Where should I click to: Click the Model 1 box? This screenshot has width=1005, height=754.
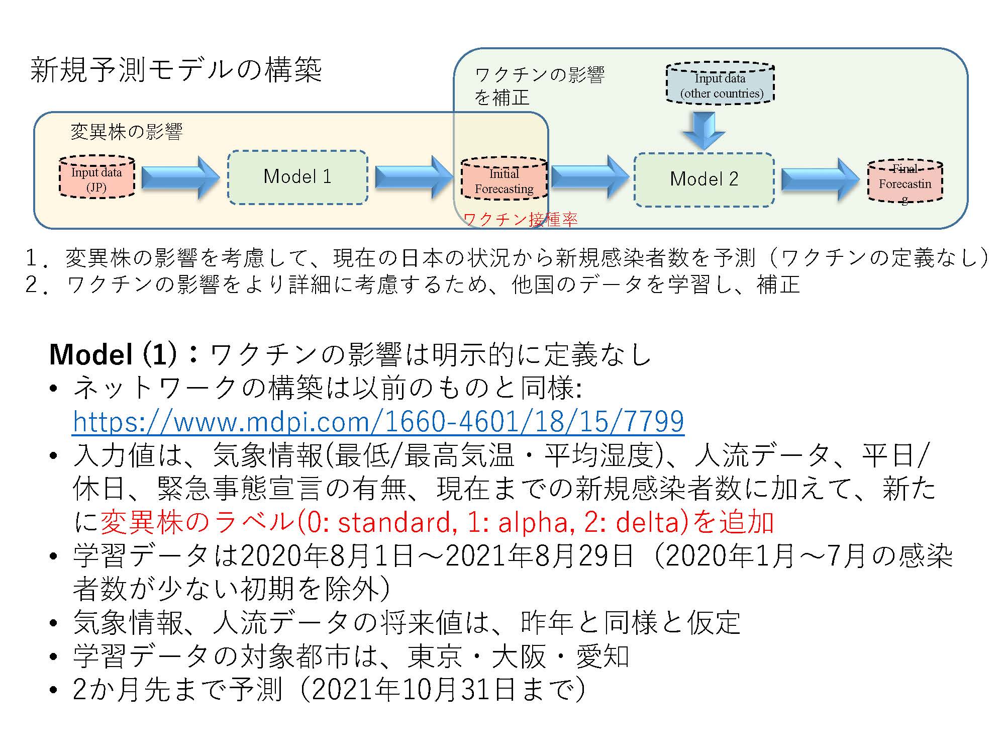[x=297, y=177]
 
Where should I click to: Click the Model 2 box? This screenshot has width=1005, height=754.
[x=704, y=179]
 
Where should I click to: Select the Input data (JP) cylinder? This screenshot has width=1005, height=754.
[x=97, y=176]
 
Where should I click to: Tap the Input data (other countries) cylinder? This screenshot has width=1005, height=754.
[x=720, y=83]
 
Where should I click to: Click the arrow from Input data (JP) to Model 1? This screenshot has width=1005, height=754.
[x=181, y=177]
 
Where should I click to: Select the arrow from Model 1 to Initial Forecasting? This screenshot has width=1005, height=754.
[x=414, y=177]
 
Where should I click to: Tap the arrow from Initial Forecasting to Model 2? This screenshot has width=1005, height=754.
[x=590, y=177]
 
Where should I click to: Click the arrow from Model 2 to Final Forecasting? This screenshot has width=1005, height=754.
[x=821, y=180]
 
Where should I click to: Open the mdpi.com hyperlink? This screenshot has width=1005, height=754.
[x=378, y=421]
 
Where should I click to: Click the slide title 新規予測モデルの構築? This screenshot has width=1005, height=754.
[x=176, y=69]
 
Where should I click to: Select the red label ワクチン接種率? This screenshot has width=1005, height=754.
[x=520, y=219]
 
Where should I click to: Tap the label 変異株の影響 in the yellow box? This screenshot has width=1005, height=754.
[x=126, y=132]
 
